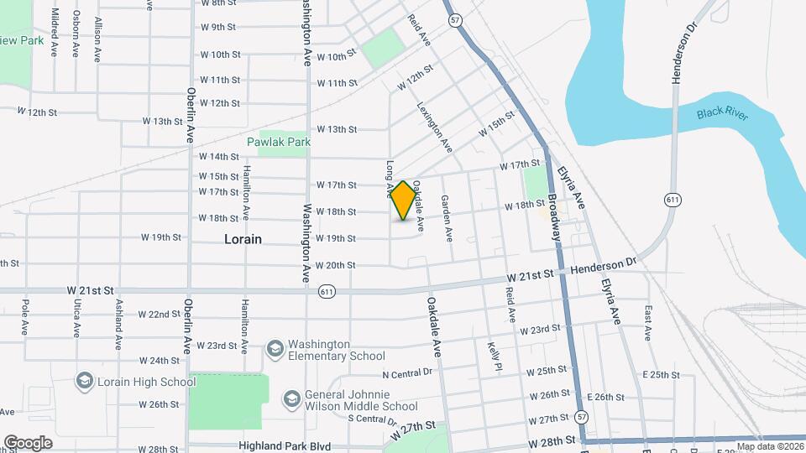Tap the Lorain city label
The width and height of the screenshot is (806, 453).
click(243, 239)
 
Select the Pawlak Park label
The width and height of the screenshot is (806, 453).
click(279, 142)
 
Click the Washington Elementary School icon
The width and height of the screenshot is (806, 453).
click(275, 347)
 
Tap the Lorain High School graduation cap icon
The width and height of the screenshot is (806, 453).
click(84, 382)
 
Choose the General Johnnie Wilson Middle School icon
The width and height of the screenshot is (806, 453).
click(291, 398)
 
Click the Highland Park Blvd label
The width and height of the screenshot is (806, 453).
click(284, 446)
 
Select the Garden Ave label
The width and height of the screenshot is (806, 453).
click(447, 214)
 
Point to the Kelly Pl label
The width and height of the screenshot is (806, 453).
click(495, 356)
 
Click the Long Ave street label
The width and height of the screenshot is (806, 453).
click(390, 180)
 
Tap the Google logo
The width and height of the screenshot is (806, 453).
click(28, 443)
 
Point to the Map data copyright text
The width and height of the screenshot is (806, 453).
click(770, 446)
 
